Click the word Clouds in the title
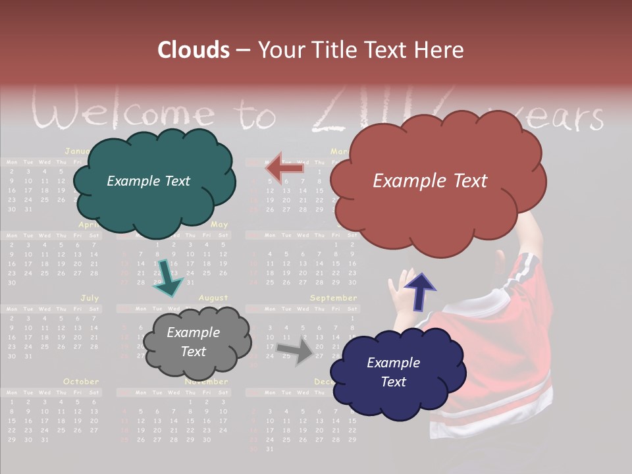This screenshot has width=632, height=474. pos(194,50)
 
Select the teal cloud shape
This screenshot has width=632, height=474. pos(154,182)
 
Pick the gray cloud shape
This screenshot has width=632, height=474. pos(197,342)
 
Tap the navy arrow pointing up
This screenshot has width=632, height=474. pos(419,291)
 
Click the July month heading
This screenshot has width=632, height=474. pos(90,298)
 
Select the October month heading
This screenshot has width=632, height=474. pos(81,381)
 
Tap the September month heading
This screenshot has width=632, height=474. pos(333,298)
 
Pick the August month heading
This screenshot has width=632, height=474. pos(213,298)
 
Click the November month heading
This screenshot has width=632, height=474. pos(206,382)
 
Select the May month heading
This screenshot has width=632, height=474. pos(219,225)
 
